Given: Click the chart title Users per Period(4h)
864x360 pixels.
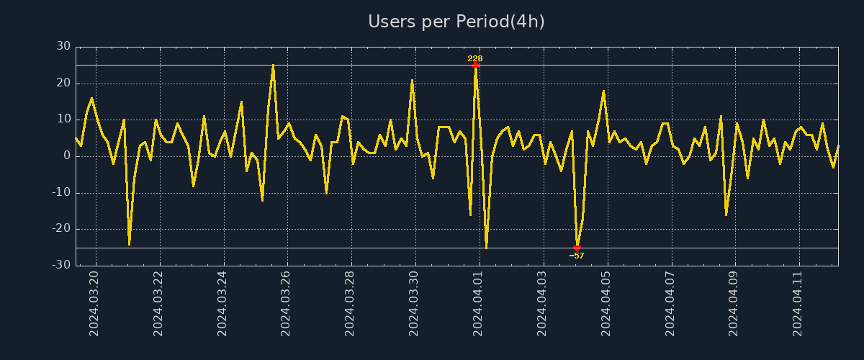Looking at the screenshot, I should pos(456,22).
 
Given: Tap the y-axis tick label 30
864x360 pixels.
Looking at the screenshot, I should pos(63,47).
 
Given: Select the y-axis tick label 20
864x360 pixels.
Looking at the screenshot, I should pos(63,84).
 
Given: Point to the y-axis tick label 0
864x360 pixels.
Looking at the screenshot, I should pos(67,156).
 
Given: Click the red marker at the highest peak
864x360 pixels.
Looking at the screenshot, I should pos(475,65).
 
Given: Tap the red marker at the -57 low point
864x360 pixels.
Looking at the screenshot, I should pos(577,248).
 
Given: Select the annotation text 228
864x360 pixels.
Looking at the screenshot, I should pos(475,58).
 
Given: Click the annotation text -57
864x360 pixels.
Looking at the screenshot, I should pos(577,256).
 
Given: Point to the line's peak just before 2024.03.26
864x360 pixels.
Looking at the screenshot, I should pos(273,66).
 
